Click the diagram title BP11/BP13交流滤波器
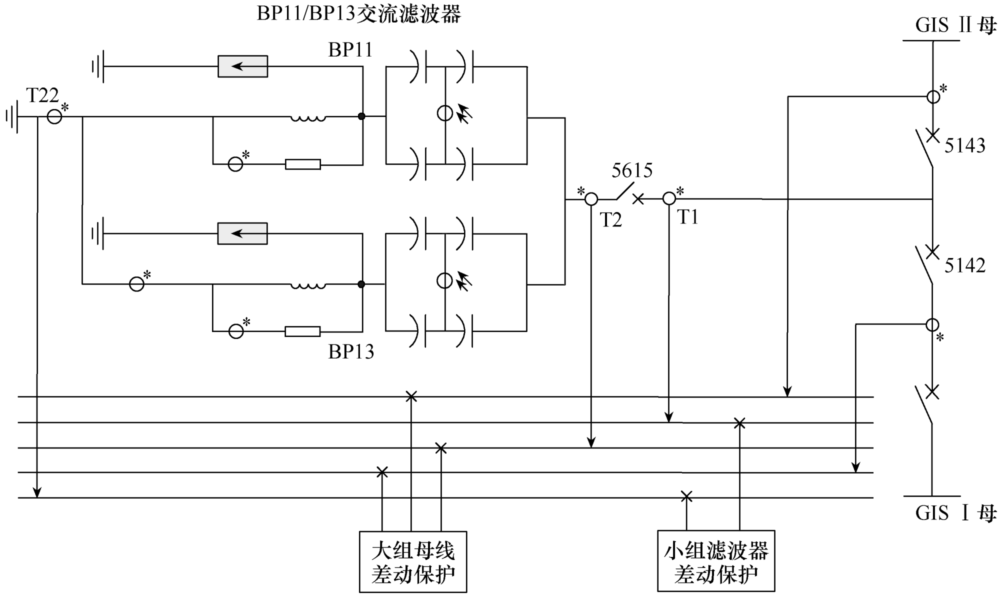(358, 14)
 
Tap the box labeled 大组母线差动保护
(413, 562)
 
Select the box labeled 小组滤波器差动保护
(716, 561)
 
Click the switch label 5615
(632, 171)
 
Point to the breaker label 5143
(964, 145)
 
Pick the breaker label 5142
(964, 265)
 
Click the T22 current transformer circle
(54, 117)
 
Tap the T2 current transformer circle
(591, 199)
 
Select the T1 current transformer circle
(669, 199)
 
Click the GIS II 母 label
(955, 25)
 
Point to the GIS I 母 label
(955, 513)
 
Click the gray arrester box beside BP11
(242, 66)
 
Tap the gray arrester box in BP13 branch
(242, 233)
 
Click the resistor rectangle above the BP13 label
(302, 331)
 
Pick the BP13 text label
(351, 352)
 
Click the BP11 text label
(350, 50)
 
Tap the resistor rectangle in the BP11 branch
(302, 164)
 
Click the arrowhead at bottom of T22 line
(37, 492)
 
